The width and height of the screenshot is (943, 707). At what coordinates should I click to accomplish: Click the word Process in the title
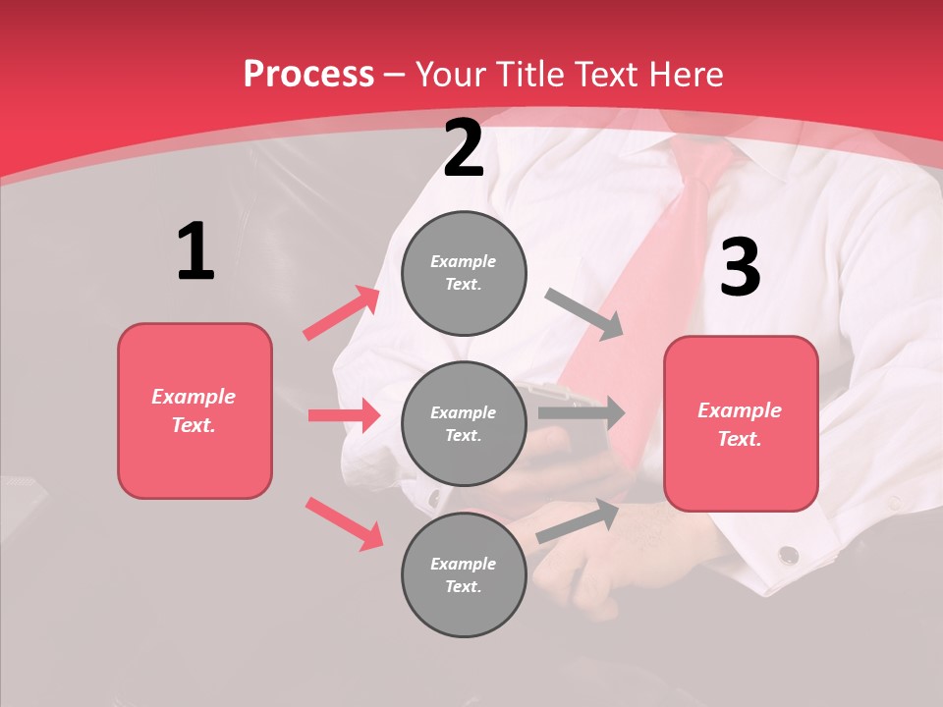(308, 74)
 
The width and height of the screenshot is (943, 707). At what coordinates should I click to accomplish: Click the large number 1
(195, 252)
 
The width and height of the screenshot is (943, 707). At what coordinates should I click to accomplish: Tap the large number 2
(464, 148)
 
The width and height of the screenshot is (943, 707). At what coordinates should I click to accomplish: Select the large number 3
(740, 268)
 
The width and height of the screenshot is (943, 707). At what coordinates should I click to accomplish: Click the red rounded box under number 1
(194, 410)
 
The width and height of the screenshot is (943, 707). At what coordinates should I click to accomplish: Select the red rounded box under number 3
(741, 423)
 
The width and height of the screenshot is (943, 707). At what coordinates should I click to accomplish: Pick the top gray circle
(464, 273)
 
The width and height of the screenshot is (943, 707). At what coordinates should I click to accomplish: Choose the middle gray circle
(464, 423)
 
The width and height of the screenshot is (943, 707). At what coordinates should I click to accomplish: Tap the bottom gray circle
(464, 574)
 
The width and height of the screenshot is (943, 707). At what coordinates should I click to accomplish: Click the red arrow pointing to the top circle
(341, 313)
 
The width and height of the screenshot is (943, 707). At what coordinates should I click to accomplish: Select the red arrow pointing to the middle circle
(344, 415)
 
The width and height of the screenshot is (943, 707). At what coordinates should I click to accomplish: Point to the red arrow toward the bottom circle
(344, 523)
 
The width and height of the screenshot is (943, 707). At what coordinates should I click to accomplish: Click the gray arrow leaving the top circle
(584, 314)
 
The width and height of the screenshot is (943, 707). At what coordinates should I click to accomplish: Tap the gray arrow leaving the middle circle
(581, 413)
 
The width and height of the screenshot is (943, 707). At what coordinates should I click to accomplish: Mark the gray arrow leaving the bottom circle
(578, 520)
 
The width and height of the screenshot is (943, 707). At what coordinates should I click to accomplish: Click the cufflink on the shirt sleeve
(788, 556)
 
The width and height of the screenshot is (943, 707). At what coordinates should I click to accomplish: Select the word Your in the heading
(450, 74)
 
